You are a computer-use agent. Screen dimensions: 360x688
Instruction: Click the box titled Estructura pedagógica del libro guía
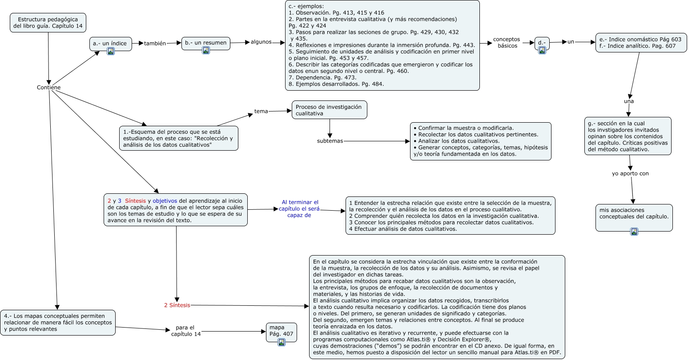pos(48,23)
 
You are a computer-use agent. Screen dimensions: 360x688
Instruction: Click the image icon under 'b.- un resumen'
pos(206,50)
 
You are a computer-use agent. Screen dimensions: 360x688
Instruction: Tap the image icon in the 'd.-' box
pos(542,50)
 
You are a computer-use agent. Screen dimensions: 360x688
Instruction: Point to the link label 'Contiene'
pos(48,88)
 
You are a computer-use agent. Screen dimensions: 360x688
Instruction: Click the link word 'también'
pos(155,44)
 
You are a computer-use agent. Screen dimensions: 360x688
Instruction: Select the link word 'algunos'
pos(261,42)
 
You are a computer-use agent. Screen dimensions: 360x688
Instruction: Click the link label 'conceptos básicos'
pos(506,43)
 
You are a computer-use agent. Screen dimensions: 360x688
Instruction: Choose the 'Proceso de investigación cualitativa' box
pos(329,110)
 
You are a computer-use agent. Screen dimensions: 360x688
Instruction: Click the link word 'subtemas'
pos(330,141)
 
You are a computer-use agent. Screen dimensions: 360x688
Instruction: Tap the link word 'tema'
pos(261,111)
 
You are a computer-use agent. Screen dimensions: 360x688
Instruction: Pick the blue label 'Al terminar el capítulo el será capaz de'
pos(300,208)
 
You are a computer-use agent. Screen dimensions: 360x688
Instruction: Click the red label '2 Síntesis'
pos(177,305)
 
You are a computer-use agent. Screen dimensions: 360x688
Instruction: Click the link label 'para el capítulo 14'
pos(186,331)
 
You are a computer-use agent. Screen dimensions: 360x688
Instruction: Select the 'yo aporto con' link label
pos(630,173)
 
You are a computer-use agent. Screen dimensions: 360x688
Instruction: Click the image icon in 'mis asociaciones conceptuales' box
pos(634,231)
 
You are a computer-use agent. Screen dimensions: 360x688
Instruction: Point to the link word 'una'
pos(629,101)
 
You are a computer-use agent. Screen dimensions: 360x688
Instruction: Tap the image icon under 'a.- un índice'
pos(111,51)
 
